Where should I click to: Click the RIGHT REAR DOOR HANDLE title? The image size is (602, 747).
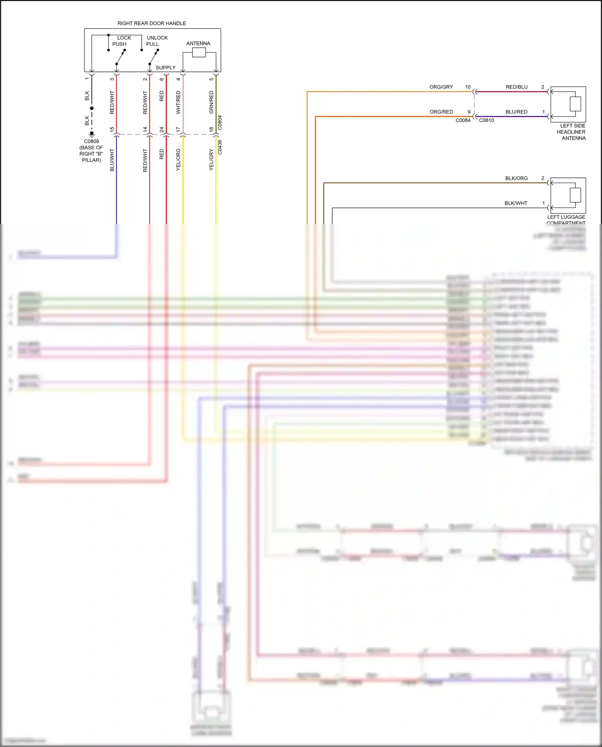coord(152,23)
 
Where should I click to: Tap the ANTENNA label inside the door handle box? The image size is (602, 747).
coord(198,43)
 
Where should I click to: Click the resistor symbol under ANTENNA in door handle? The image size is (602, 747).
coord(199,53)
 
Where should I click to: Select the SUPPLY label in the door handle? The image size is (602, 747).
coord(165,67)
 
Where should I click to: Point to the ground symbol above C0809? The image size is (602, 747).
coord(92,134)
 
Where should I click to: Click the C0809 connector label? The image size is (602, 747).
coord(92,141)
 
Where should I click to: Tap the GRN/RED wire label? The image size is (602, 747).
coord(212,102)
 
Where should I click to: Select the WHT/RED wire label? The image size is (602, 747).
coord(178,102)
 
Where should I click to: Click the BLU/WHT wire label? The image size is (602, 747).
coord(112,160)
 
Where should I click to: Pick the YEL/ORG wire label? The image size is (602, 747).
coord(178,160)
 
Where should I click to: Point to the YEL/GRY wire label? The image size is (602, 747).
coord(212,160)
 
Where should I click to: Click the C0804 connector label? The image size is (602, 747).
coord(220,123)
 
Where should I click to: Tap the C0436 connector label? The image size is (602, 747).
coord(220,147)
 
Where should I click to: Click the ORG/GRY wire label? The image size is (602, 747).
coord(441,87)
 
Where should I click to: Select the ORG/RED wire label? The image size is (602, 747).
coord(441,112)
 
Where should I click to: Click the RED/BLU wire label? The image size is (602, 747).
coord(517,87)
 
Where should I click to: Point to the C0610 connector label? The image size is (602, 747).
coord(486,120)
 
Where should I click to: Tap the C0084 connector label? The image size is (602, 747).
coord(463,120)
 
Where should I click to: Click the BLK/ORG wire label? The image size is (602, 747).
coord(516,178)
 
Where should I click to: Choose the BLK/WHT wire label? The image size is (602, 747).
coord(516,203)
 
